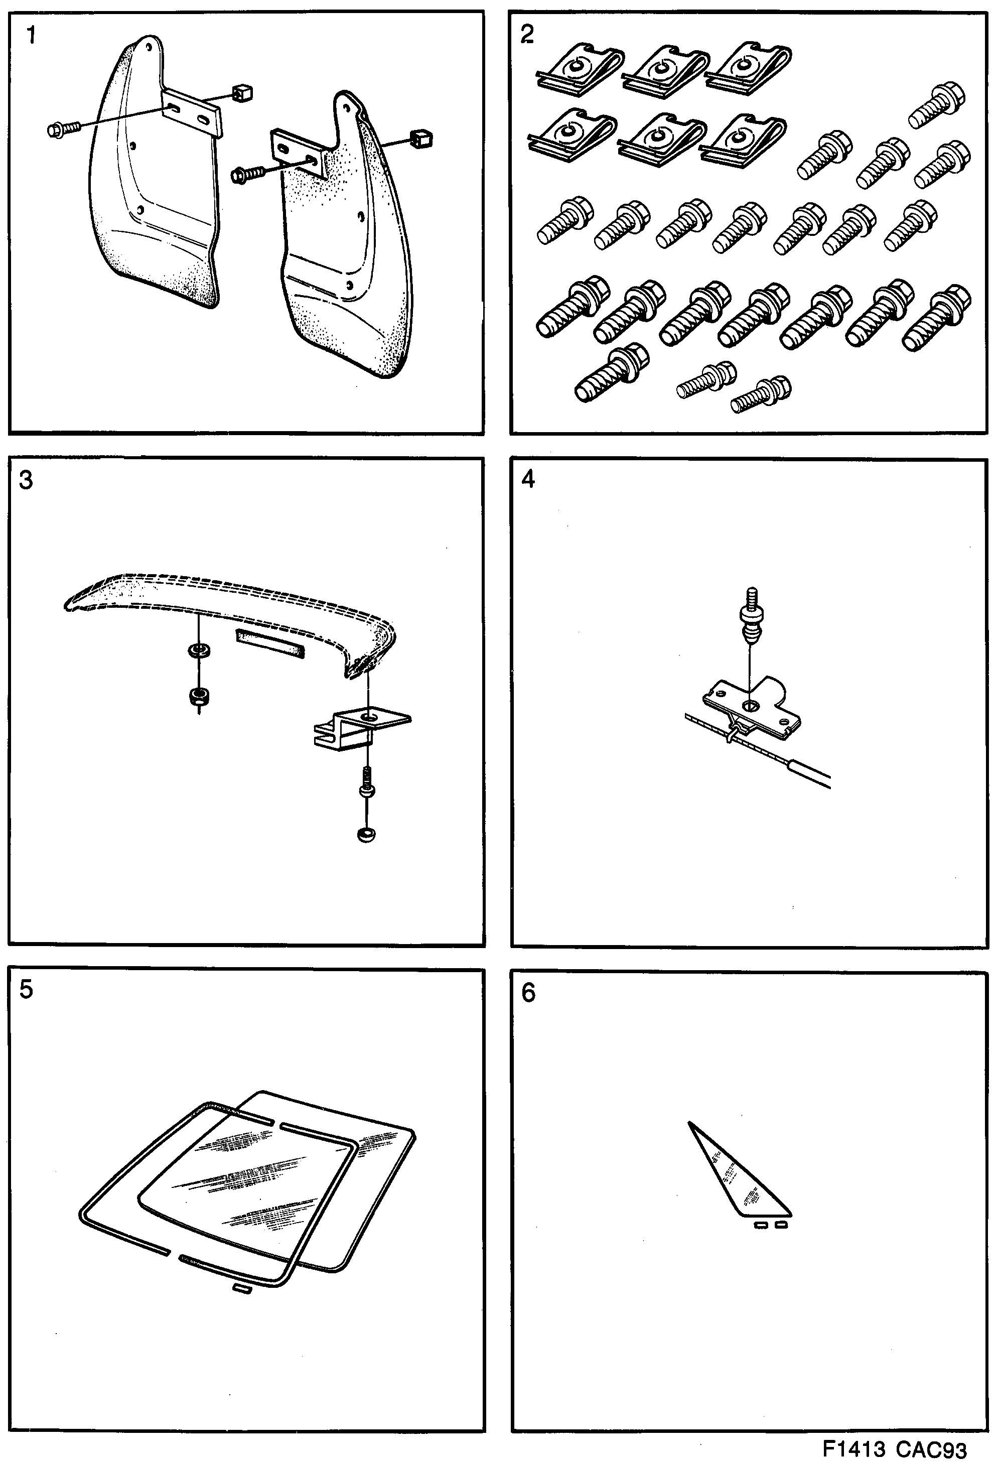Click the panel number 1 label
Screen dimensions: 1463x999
click(x=30, y=35)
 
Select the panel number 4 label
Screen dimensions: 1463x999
click(x=528, y=479)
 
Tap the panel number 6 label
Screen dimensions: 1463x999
click(x=528, y=993)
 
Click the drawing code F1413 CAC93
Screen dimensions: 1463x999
click(x=894, y=1448)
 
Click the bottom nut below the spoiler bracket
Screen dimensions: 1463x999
click(x=366, y=835)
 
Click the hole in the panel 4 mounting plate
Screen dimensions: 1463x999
click(x=750, y=706)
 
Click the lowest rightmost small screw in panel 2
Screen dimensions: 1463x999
click(x=762, y=394)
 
